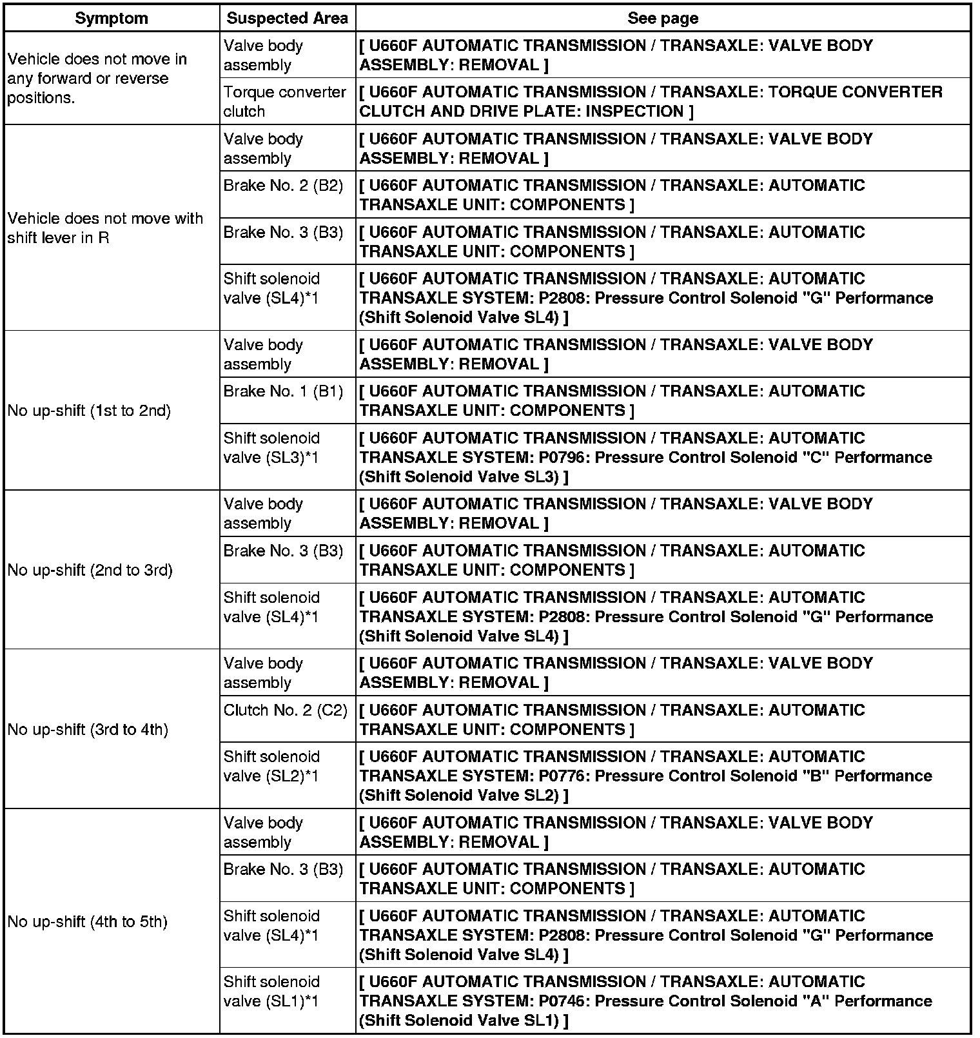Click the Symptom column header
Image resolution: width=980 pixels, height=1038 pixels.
[112, 18]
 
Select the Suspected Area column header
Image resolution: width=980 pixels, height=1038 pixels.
[287, 18]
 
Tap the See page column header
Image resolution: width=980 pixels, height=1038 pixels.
[662, 18]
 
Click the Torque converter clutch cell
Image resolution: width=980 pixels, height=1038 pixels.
[284, 101]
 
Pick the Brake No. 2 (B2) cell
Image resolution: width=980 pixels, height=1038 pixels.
[283, 186]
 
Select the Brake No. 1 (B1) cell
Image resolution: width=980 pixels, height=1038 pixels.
[283, 391]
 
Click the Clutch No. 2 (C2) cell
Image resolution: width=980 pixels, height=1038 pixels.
[285, 710]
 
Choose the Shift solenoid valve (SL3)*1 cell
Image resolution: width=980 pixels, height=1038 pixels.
[271, 447]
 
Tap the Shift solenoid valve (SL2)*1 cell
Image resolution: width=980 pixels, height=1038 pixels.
[271, 766]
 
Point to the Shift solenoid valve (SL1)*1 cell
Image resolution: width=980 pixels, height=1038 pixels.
[271, 991]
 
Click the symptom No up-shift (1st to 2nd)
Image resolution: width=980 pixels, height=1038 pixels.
[89, 411]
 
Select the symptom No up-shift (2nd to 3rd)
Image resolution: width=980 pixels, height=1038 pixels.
[90, 570]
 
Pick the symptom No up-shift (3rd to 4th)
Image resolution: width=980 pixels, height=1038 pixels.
[88, 729]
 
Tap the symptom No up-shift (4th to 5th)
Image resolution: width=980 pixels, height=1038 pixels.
[87, 921]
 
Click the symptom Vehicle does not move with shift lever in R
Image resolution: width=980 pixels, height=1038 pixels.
[105, 228]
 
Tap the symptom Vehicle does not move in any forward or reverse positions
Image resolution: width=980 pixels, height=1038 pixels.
[97, 78]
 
